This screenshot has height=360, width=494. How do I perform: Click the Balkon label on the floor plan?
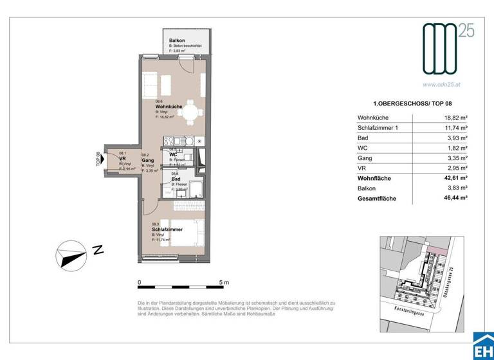click(x=169, y=40)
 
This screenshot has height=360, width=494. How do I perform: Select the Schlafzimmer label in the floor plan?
click(x=167, y=229)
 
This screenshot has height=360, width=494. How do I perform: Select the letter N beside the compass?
click(x=98, y=250)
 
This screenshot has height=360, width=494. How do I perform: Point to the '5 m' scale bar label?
click(x=224, y=282)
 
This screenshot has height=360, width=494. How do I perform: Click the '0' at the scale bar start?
click(x=140, y=282)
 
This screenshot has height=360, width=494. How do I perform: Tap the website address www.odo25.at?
click(x=441, y=83)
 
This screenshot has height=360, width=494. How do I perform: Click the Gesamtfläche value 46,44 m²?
click(x=455, y=199)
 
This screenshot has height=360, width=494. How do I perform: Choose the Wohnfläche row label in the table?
click(x=374, y=178)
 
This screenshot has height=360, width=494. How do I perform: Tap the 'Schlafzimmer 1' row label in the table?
click(x=380, y=128)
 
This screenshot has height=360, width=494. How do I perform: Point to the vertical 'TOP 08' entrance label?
click(x=98, y=159)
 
